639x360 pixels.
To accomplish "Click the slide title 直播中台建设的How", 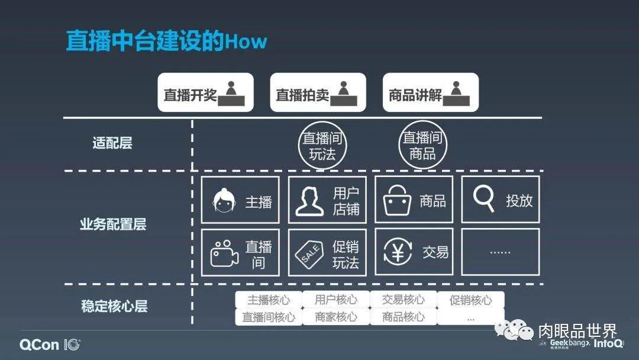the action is (166, 41).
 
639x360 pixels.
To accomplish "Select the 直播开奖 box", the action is (205, 92).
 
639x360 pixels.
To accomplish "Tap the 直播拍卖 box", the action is (318, 92).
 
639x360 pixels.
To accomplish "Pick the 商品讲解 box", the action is (430, 92).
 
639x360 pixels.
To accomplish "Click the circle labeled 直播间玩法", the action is (322, 146).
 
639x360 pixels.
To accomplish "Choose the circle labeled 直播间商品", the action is (422, 146).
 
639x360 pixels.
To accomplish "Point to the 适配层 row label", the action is (112, 143).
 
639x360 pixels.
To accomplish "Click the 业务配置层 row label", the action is (112, 224).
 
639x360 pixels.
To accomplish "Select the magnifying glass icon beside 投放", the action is (483, 200).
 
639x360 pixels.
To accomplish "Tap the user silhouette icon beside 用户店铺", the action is (310, 201).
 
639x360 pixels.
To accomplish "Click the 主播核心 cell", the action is (269, 300).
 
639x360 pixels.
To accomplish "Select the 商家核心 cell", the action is (336, 317).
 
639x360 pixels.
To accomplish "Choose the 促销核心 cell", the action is (470, 300).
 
